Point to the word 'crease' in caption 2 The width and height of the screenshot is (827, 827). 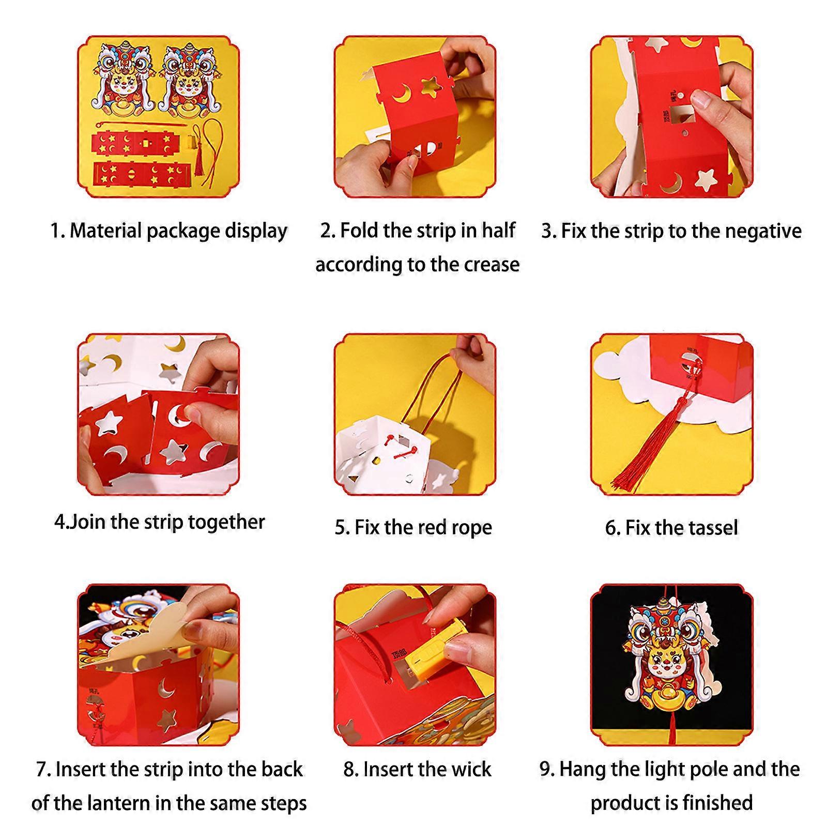point(492,264)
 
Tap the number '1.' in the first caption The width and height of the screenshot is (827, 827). point(57,231)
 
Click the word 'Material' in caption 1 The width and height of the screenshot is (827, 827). point(105,231)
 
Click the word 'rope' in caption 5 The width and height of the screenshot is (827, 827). point(471,528)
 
